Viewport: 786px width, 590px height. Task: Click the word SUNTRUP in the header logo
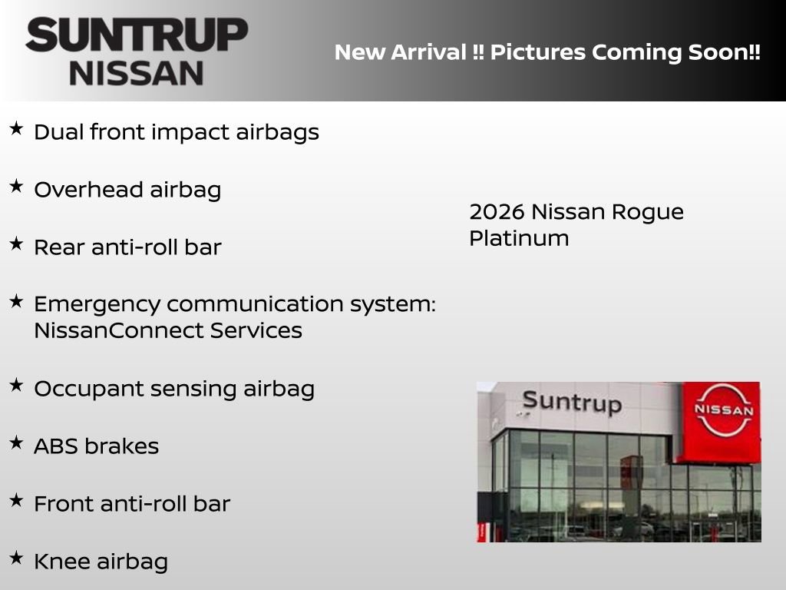137,35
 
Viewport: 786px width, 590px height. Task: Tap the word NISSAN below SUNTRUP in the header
137,73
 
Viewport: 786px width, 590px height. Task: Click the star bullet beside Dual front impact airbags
16,129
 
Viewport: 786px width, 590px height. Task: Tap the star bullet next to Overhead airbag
16,187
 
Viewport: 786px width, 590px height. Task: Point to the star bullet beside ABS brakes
16,442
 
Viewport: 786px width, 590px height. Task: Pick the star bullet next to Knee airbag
16,558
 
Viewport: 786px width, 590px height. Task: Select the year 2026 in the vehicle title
496,211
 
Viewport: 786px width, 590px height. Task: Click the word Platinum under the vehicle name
519,238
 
